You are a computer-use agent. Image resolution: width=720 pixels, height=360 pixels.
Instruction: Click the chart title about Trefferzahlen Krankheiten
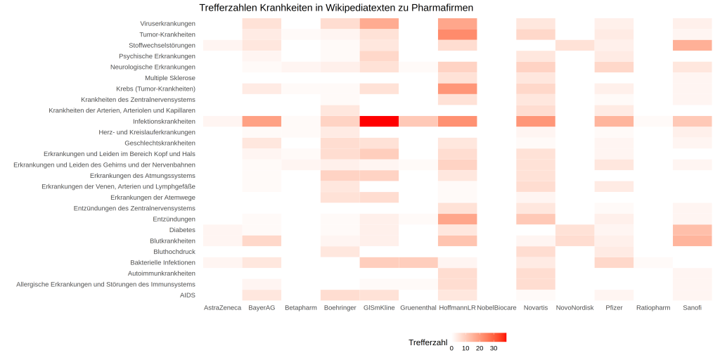(336, 8)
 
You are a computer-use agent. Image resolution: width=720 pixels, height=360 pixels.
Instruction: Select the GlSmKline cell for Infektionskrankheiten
(379, 121)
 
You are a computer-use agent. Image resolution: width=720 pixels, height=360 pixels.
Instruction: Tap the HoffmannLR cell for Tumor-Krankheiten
(457, 34)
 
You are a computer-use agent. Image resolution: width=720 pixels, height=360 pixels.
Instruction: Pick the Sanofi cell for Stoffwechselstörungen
(692, 45)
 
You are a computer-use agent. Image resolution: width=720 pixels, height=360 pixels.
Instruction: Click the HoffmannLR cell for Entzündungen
(457, 219)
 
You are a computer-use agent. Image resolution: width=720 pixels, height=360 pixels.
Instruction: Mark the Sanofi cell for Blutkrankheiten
(692, 240)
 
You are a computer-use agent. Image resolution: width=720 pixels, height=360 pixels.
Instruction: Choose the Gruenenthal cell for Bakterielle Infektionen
(418, 262)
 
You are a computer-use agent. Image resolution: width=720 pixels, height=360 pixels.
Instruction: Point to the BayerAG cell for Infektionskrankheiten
(262, 121)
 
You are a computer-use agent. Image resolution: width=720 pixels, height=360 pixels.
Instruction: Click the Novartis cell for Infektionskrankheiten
(536, 121)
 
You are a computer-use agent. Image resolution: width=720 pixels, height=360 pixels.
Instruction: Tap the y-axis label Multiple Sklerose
(170, 77)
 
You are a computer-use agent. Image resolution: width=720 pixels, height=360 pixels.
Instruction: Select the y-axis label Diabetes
(182, 230)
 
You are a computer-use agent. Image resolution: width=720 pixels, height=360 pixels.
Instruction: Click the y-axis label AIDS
(188, 295)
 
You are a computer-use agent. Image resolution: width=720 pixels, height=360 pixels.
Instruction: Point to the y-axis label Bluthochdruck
(174, 252)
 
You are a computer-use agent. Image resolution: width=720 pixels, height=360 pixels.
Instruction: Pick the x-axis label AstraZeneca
(222, 308)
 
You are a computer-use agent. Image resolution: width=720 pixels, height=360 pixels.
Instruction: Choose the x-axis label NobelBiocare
(496, 308)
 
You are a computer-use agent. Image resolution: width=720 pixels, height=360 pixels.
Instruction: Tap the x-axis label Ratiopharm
(653, 308)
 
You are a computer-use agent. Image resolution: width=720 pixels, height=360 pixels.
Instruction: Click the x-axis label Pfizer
(614, 308)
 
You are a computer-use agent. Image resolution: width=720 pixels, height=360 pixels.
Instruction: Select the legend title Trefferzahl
(427, 342)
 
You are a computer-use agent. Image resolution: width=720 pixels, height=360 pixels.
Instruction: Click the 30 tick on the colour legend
(494, 348)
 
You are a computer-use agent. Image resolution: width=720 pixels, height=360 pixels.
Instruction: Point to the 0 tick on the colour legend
(451, 348)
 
